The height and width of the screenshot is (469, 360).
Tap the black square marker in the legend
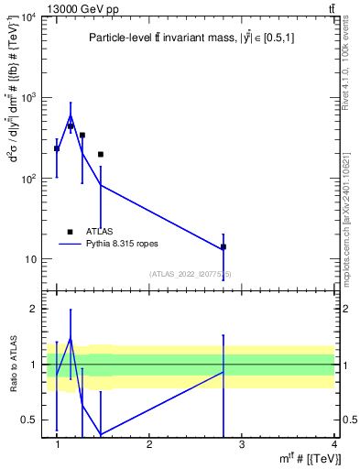coord(70,232)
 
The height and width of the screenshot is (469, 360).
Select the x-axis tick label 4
coord(333,443)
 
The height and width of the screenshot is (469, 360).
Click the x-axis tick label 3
coord(242,443)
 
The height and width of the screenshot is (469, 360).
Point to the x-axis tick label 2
coord(149,443)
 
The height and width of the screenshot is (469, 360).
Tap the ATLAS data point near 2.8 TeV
coord(224,247)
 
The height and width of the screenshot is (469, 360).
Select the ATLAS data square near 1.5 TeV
coord(100,155)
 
